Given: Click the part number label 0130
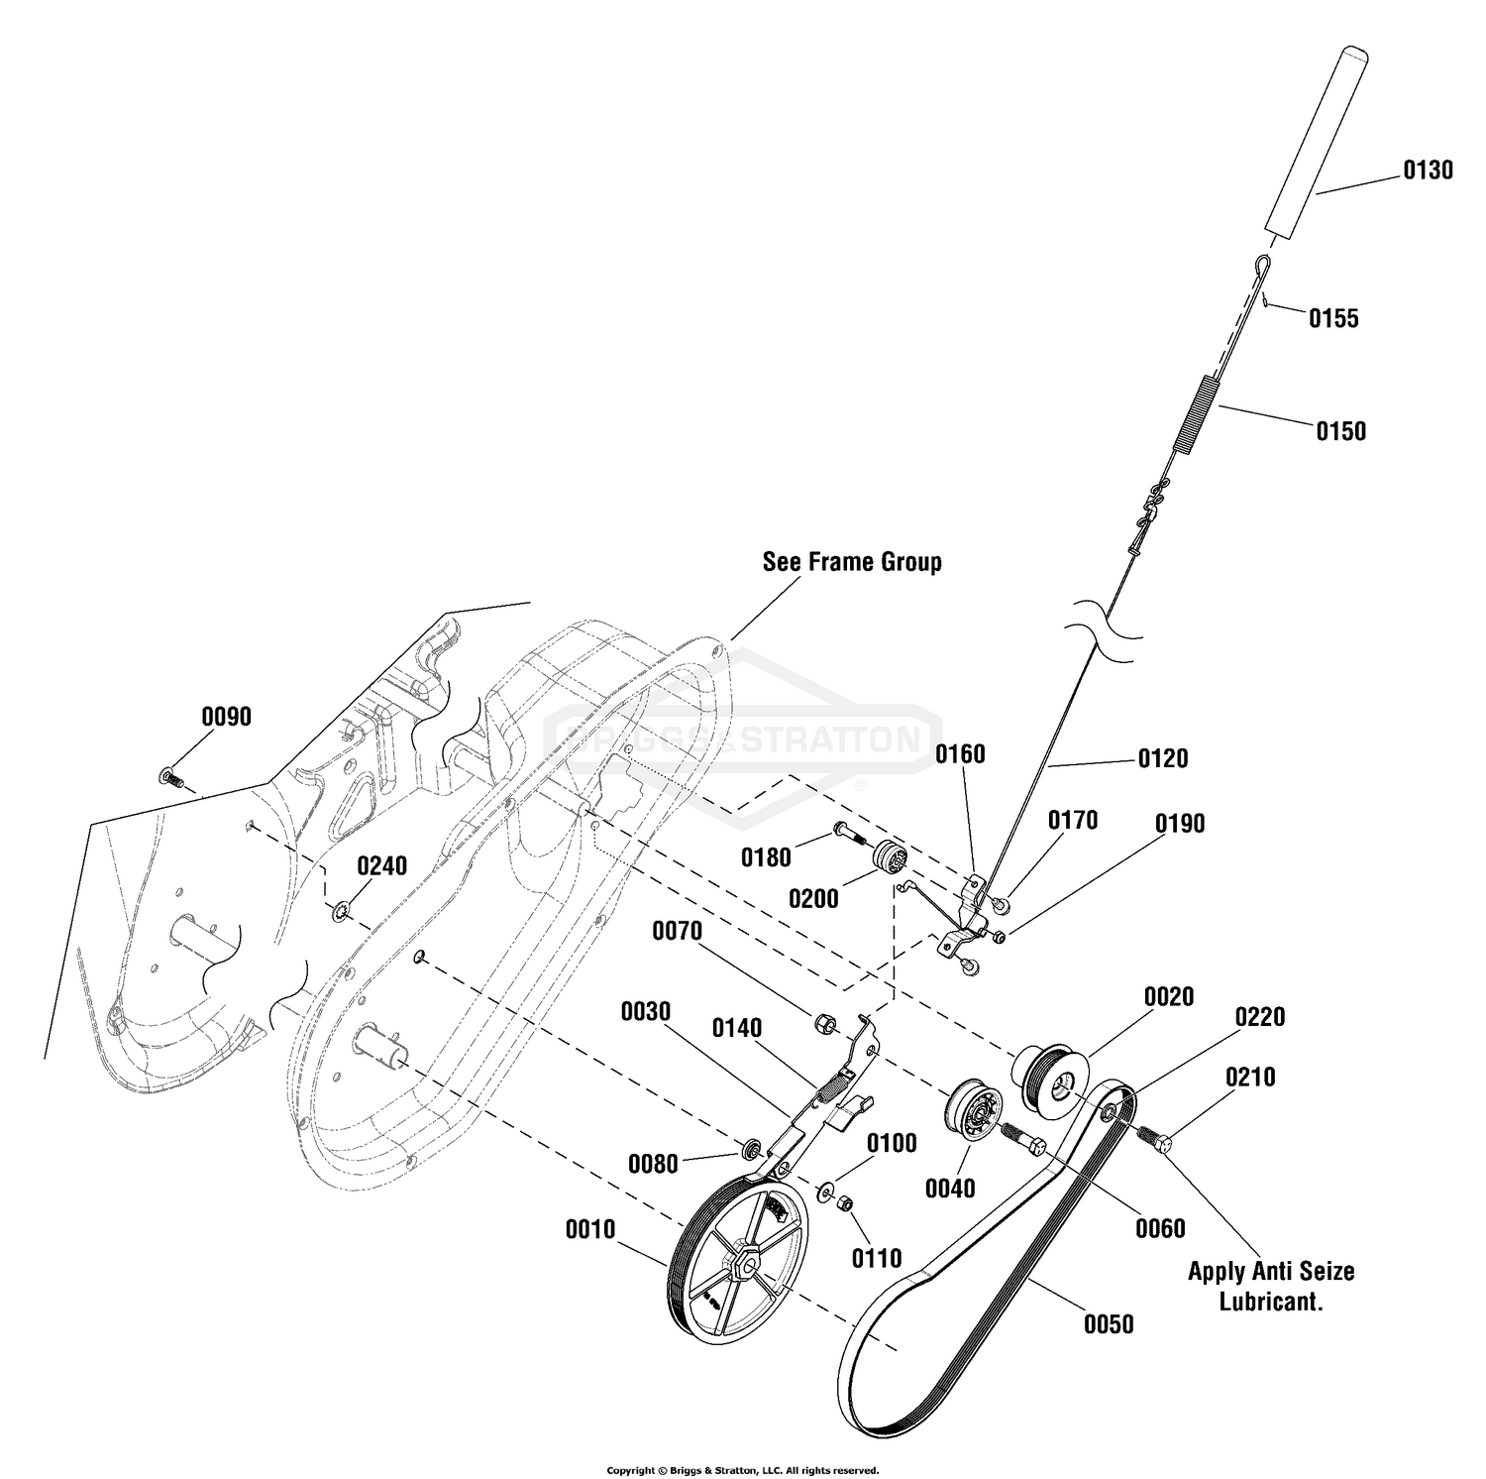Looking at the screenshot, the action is (1428, 171).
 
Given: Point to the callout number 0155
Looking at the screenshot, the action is (1333, 318).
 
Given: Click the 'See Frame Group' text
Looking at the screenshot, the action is (852, 562).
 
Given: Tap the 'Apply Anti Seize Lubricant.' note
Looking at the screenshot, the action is (1271, 1286).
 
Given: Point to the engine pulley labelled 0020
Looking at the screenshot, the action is (1051, 1075).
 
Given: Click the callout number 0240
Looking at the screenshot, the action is (381, 865).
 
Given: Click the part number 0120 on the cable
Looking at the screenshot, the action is (1162, 758).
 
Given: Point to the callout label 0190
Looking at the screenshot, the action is (1179, 824).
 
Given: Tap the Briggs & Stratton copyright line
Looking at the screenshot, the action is (743, 1470).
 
